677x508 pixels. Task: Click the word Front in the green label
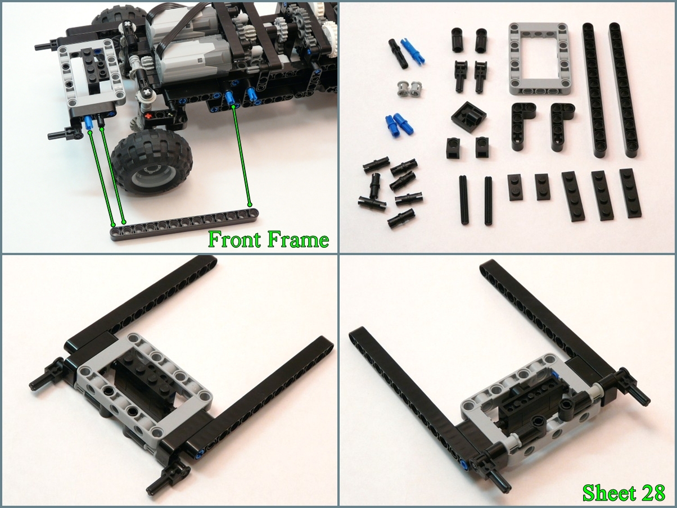click(235, 239)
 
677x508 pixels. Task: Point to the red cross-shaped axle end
click(148, 116)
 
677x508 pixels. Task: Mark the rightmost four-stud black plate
click(630, 193)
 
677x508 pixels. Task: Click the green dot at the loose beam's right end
click(250, 205)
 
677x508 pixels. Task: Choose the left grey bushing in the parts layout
click(401, 88)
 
